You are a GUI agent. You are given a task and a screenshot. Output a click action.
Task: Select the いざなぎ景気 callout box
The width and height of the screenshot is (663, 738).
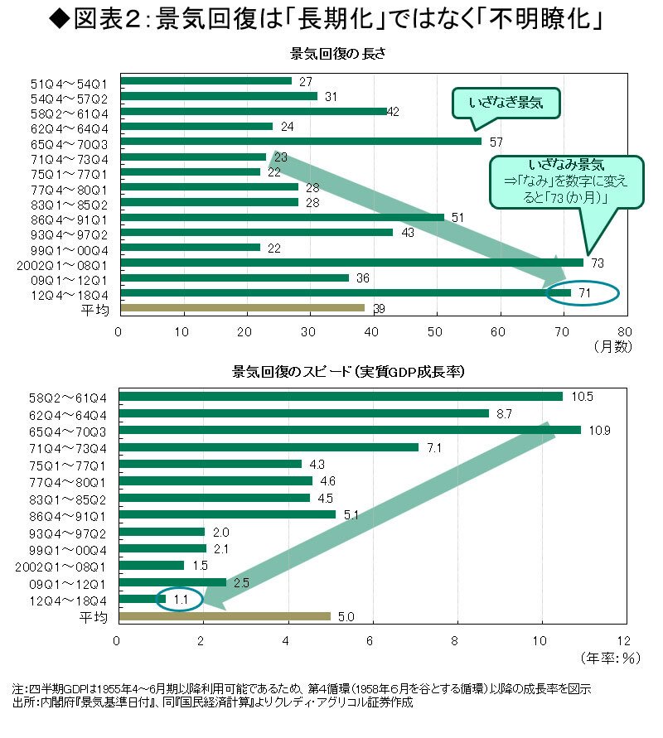pyautogui.click(x=504, y=104)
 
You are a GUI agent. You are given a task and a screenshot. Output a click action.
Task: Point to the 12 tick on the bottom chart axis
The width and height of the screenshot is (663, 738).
pyautogui.click(x=623, y=640)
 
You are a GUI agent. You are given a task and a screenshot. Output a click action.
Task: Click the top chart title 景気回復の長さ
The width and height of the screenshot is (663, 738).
pyautogui.click(x=335, y=55)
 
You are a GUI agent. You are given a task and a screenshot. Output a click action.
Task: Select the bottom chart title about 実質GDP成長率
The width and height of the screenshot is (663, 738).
pyautogui.click(x=347, y=372)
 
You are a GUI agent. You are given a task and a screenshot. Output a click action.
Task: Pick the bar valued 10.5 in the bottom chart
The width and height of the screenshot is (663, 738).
pyautogui.click(x=341, y=397)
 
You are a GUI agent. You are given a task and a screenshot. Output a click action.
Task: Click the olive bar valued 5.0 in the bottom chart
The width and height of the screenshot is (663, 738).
pyautogui.click(x=225, y=616)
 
